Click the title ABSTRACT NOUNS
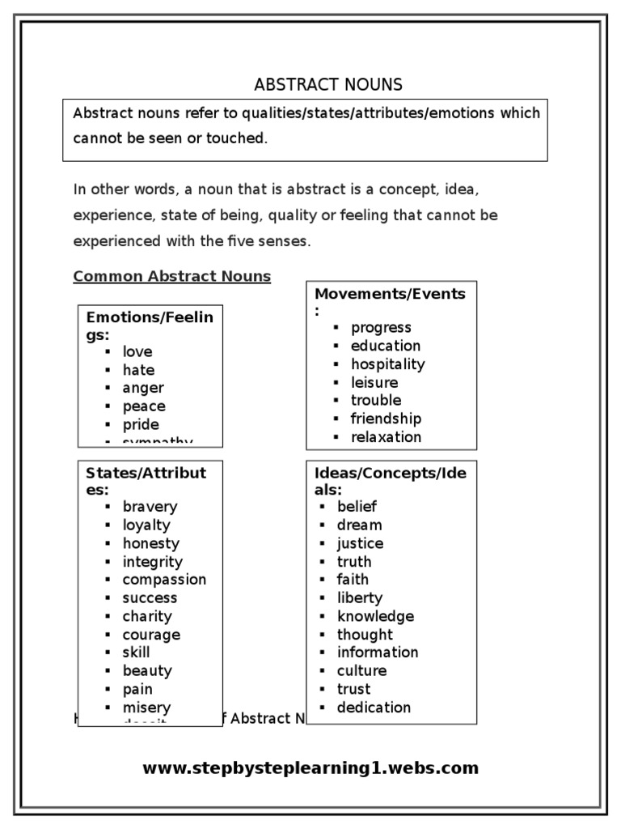[x=328, y=85]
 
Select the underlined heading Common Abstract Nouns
[x=172, y=277]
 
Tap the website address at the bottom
[x=310, y=768]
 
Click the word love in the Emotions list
[x=137, y=352]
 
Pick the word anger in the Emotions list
[x=143, y=389]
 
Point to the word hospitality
[x=387, y=364]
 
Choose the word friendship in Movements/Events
[x=386, y=419]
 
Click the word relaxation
[x=386, y=437]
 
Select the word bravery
[x=150, y=507]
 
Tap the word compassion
[x=164, y=580]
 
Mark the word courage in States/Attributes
[x=151, y=635]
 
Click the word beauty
[x=147, y=671]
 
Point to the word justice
[x=360, y=543]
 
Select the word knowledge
[x=375, y=616]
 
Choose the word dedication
[x=374, y=708]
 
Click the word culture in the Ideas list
[x=361, y=671]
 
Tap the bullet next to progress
[x=335, y=328]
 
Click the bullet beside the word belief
[x=321, y=507]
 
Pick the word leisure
[x=374, y=382]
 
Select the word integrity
[x=152, y=562]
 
